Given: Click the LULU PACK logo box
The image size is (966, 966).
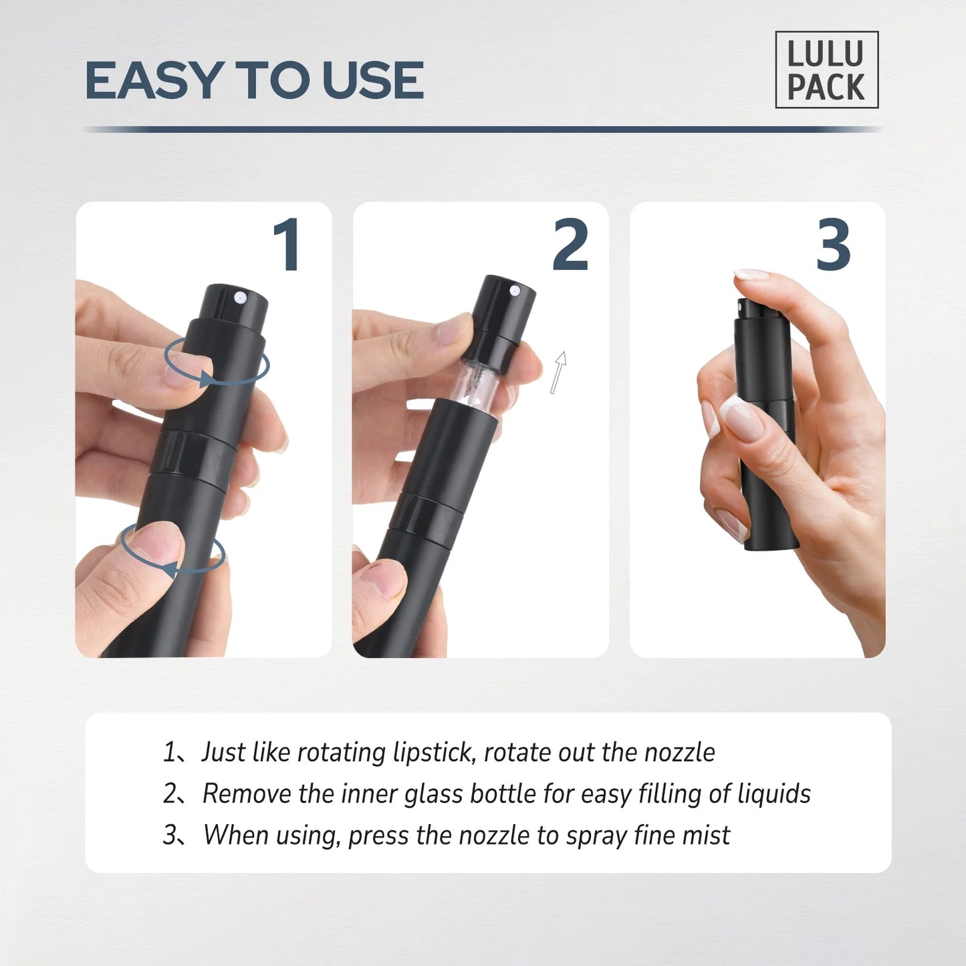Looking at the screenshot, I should click(x=826, y=70).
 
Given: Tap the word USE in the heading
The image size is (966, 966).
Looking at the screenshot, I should click(x=372, y=81).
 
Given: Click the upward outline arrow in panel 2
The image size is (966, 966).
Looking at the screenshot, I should click(x=558, y=372).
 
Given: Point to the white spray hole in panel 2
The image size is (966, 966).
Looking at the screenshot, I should click(x=515, y=290).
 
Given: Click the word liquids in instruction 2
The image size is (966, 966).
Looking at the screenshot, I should click(x=773, y=794).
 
